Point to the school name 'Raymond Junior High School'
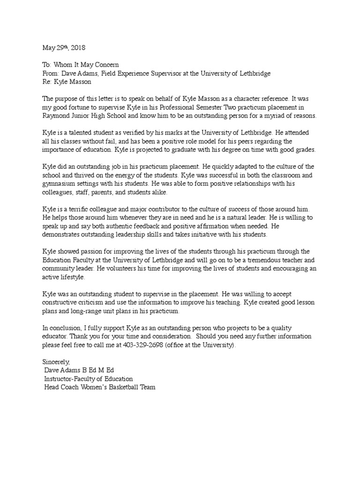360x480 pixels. (x=87, y=116)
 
